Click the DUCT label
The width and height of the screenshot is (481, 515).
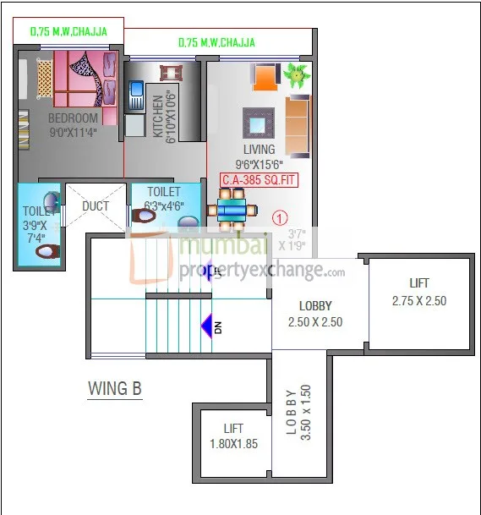click(x=96, y=206)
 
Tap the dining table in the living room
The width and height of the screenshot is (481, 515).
click(x=231, y=208)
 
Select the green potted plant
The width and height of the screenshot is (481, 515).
click(x=295, y=74)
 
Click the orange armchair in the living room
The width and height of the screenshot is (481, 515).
click(x=265, y=78)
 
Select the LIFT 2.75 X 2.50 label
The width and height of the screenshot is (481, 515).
click(x=418, y=292)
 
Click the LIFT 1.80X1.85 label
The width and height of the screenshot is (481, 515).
click(x=233, y=436)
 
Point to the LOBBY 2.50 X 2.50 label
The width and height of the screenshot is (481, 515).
click(x=315, y=314)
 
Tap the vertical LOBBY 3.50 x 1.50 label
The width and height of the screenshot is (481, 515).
click(x=298, y=411)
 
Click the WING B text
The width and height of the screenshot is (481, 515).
click(x=115, y=388)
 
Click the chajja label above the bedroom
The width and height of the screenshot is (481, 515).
click(x=68, y=32)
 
